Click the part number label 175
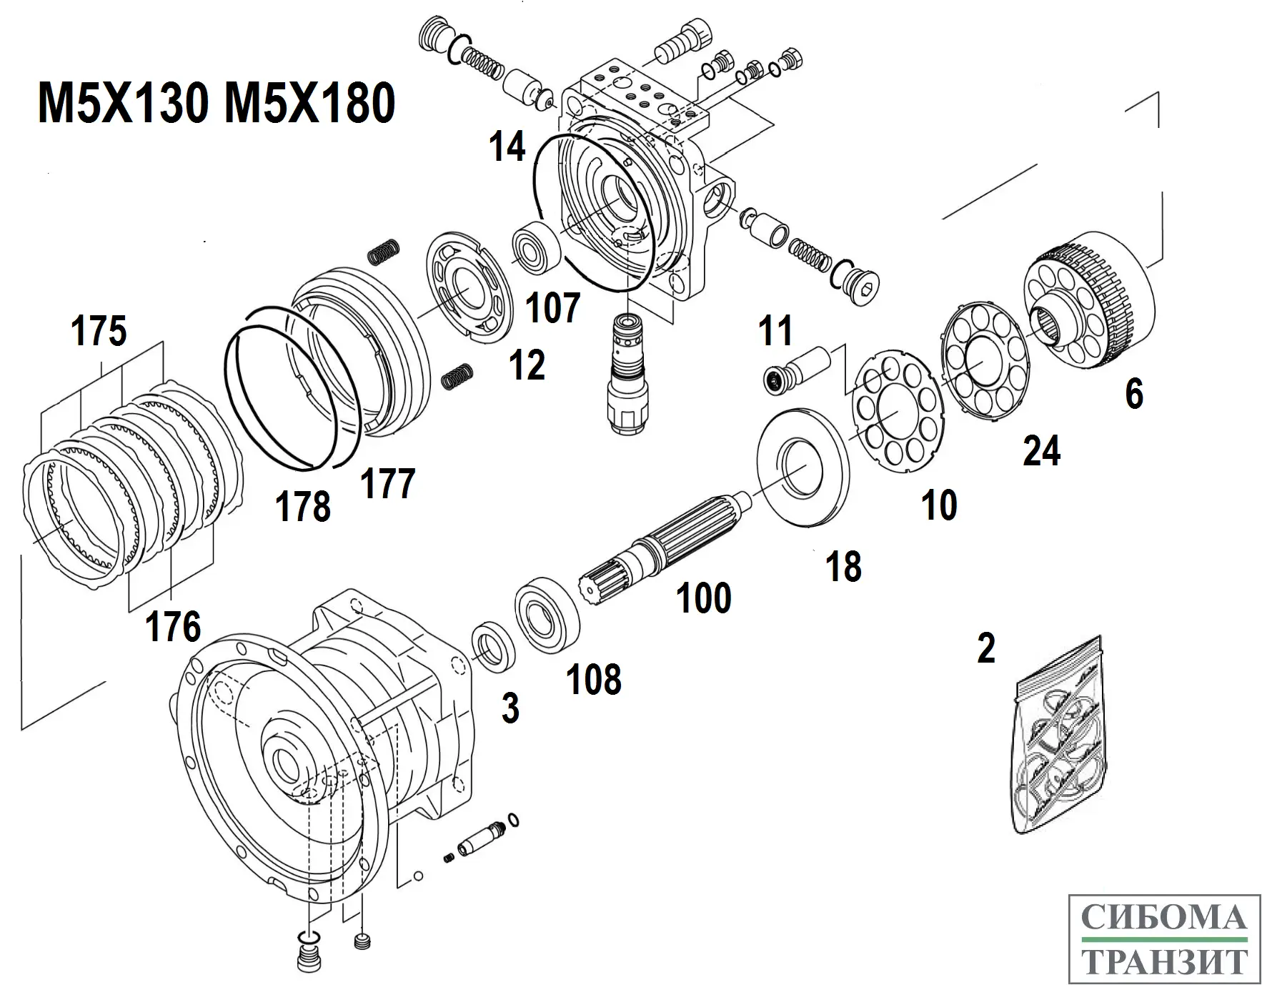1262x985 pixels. coord(99,331)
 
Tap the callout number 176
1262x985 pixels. coord(173,627)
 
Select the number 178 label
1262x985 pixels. coord(303,506)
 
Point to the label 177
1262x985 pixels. coord(388,483)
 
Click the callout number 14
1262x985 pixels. coord(507,147)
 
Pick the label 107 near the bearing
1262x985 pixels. coord(552,308)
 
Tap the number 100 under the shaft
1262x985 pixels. coord(704,598)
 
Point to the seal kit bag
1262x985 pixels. coord(1060,736)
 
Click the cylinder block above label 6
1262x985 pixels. coord(1090,300)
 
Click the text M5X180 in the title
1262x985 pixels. coord(309,102)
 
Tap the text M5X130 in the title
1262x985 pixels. coord(123,102)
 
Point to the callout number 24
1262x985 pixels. coord(1041,451)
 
